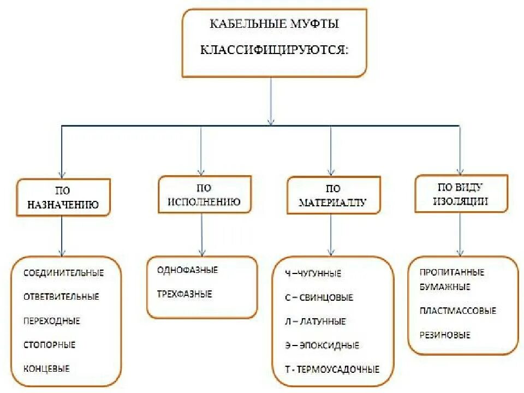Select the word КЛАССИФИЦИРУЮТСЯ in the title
[x=274, y=50]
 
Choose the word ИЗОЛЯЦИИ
[x=461, y=200]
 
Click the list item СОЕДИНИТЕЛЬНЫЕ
[x=64, y=272]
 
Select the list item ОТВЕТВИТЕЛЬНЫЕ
[x=62, y=296]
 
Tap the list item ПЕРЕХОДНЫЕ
[x=52, y=320]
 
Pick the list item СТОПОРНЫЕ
[x=50, y=344]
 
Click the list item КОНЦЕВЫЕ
[x=47, y=368]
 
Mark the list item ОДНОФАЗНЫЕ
[x=187, y=270]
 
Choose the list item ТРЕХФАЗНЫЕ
[x=184, y=294]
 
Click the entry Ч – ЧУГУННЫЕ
[x=313, y=273]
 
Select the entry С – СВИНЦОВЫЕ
[x=319, y=297]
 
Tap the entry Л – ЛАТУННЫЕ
[x=315, y=321]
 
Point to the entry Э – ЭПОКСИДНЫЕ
[x=322, y=345]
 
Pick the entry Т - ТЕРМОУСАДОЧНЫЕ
[x=332, y=369]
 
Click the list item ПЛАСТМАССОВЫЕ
[x=458, y=311]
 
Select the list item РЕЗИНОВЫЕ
[x=445, y=335]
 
